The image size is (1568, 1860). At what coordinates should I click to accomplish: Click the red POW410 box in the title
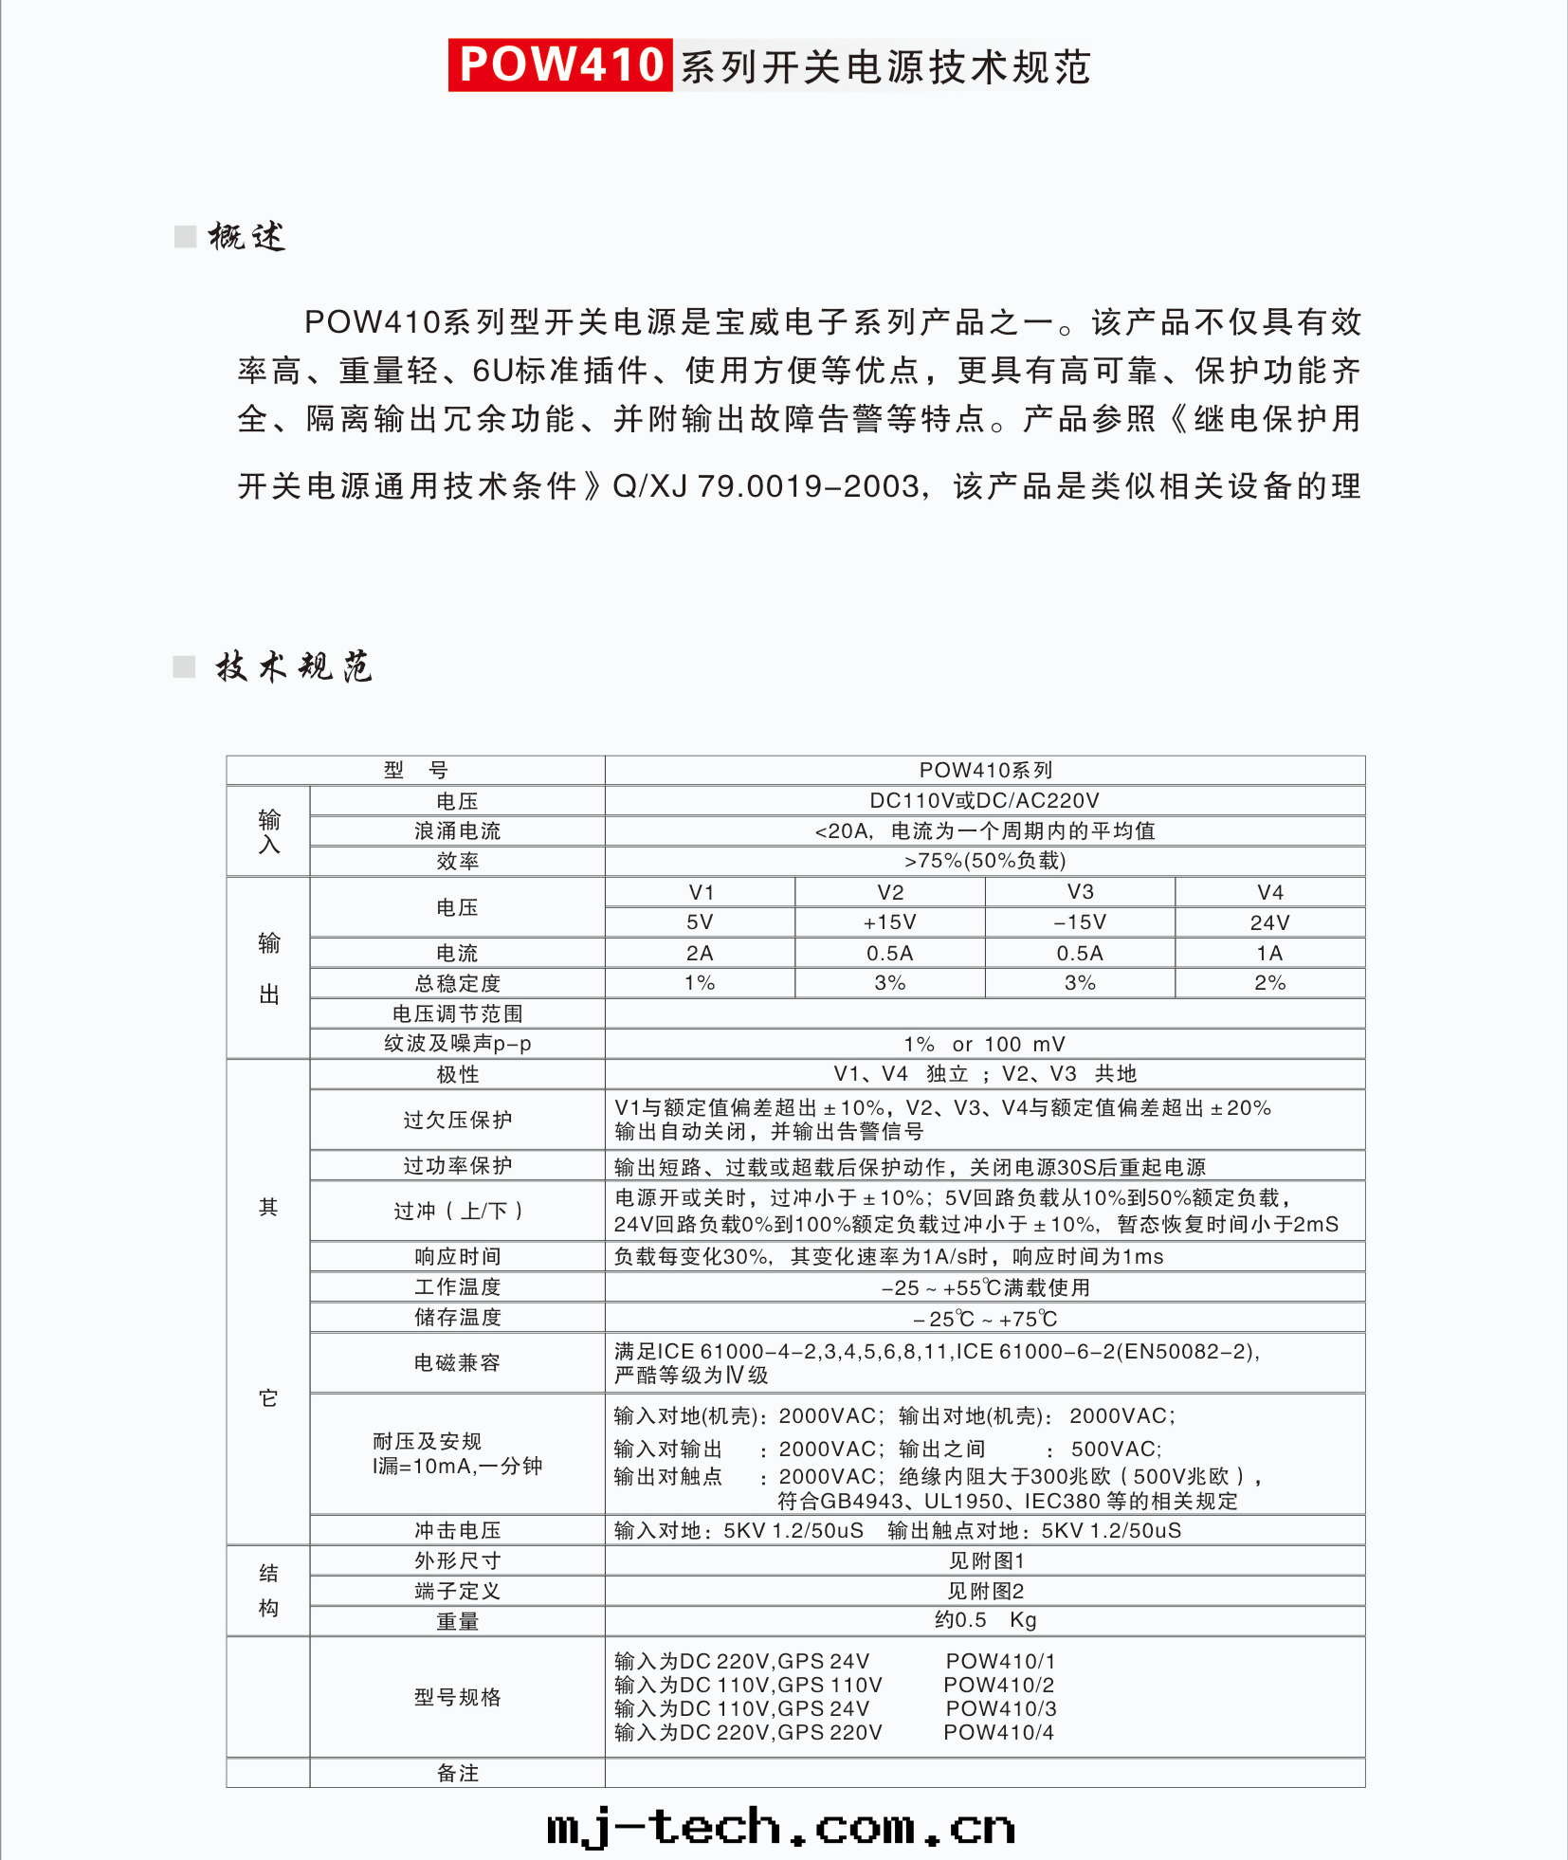coord(560,64)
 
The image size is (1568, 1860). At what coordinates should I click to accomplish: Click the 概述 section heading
coord(246,236)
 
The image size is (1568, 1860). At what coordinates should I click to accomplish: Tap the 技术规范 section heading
coord(293,666)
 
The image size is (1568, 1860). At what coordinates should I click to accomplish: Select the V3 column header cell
coord(1080,892)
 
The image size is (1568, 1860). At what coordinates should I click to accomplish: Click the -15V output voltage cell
coord(1080,922)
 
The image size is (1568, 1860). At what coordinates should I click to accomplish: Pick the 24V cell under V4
coord(1269,922)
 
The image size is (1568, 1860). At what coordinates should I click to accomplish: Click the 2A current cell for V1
coord(700,953)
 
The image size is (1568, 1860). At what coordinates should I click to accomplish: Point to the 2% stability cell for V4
coord(1269,983)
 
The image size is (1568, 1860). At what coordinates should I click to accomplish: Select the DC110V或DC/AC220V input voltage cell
coord(984,800)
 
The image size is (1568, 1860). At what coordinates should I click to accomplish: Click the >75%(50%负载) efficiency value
coord(984,861)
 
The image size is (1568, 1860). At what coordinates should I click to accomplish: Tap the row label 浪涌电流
coord(457,830)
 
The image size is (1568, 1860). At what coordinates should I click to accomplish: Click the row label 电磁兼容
coord(457,1362)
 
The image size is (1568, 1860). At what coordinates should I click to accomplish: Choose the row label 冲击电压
coord(457,1530)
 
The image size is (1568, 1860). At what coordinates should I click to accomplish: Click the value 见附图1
coord(986,1560)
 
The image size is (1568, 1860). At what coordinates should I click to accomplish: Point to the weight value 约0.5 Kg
coord(985,1620)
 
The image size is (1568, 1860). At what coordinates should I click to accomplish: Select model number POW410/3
coord(1000,1708)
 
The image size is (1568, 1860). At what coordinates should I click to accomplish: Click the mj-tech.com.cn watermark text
coord(781,1826)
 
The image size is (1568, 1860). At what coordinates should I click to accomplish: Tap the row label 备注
coord(457,1773)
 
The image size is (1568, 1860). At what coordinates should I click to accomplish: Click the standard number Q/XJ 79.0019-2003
coord(766,486)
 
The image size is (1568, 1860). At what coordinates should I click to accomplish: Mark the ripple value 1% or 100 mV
coord(984,1044)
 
